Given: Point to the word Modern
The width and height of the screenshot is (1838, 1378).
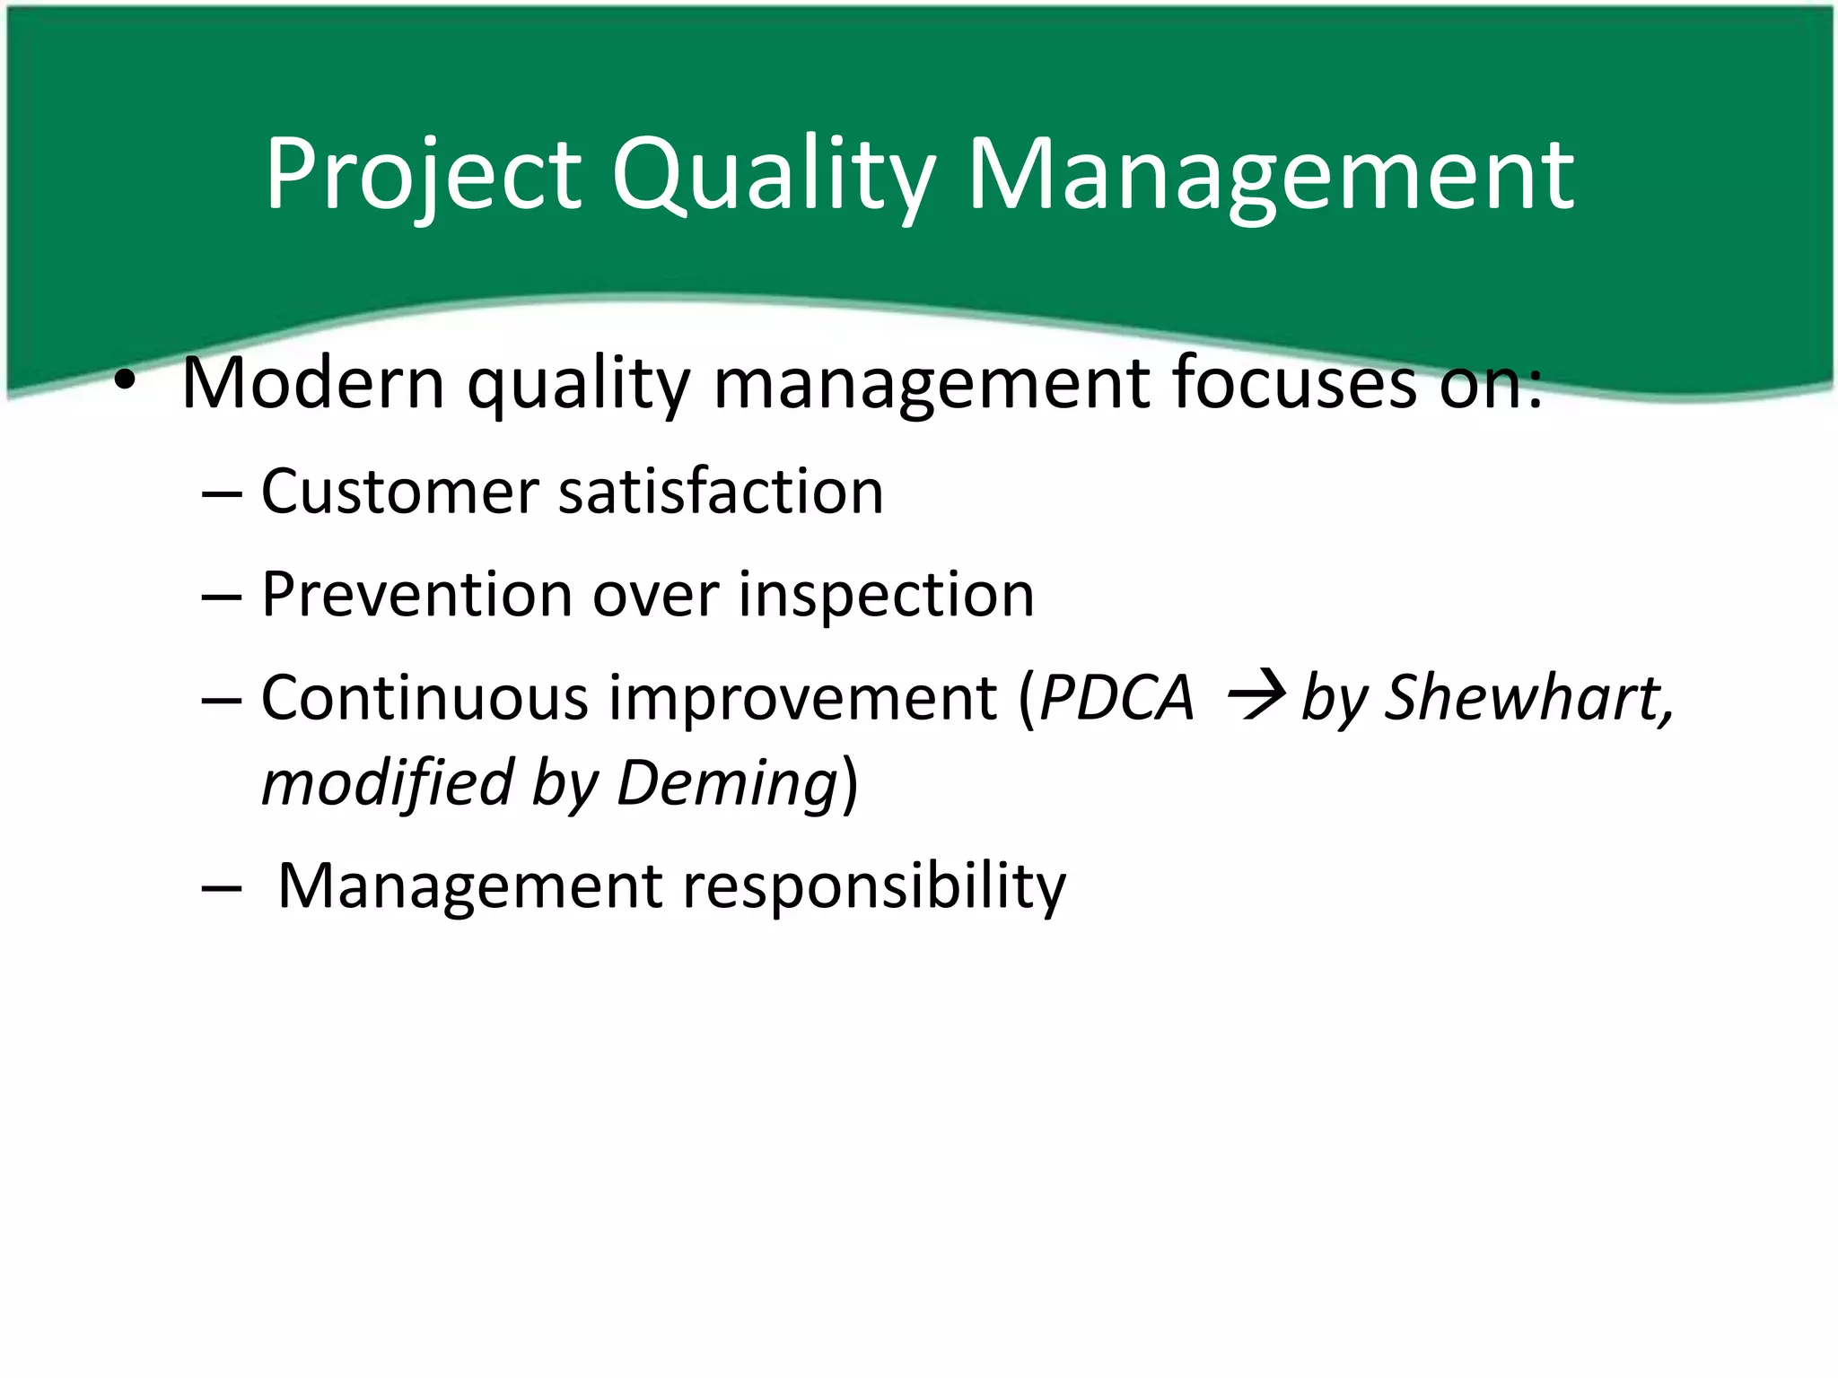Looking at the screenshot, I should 313,383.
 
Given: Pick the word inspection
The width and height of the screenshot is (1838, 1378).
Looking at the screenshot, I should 886,597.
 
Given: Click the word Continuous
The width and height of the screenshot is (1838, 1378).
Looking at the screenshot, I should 424,698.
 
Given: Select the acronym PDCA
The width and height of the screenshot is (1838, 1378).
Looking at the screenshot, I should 1116,698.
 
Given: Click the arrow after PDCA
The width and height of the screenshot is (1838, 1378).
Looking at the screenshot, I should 1256,696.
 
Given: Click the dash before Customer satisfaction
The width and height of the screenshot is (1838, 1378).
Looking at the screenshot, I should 222,494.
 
